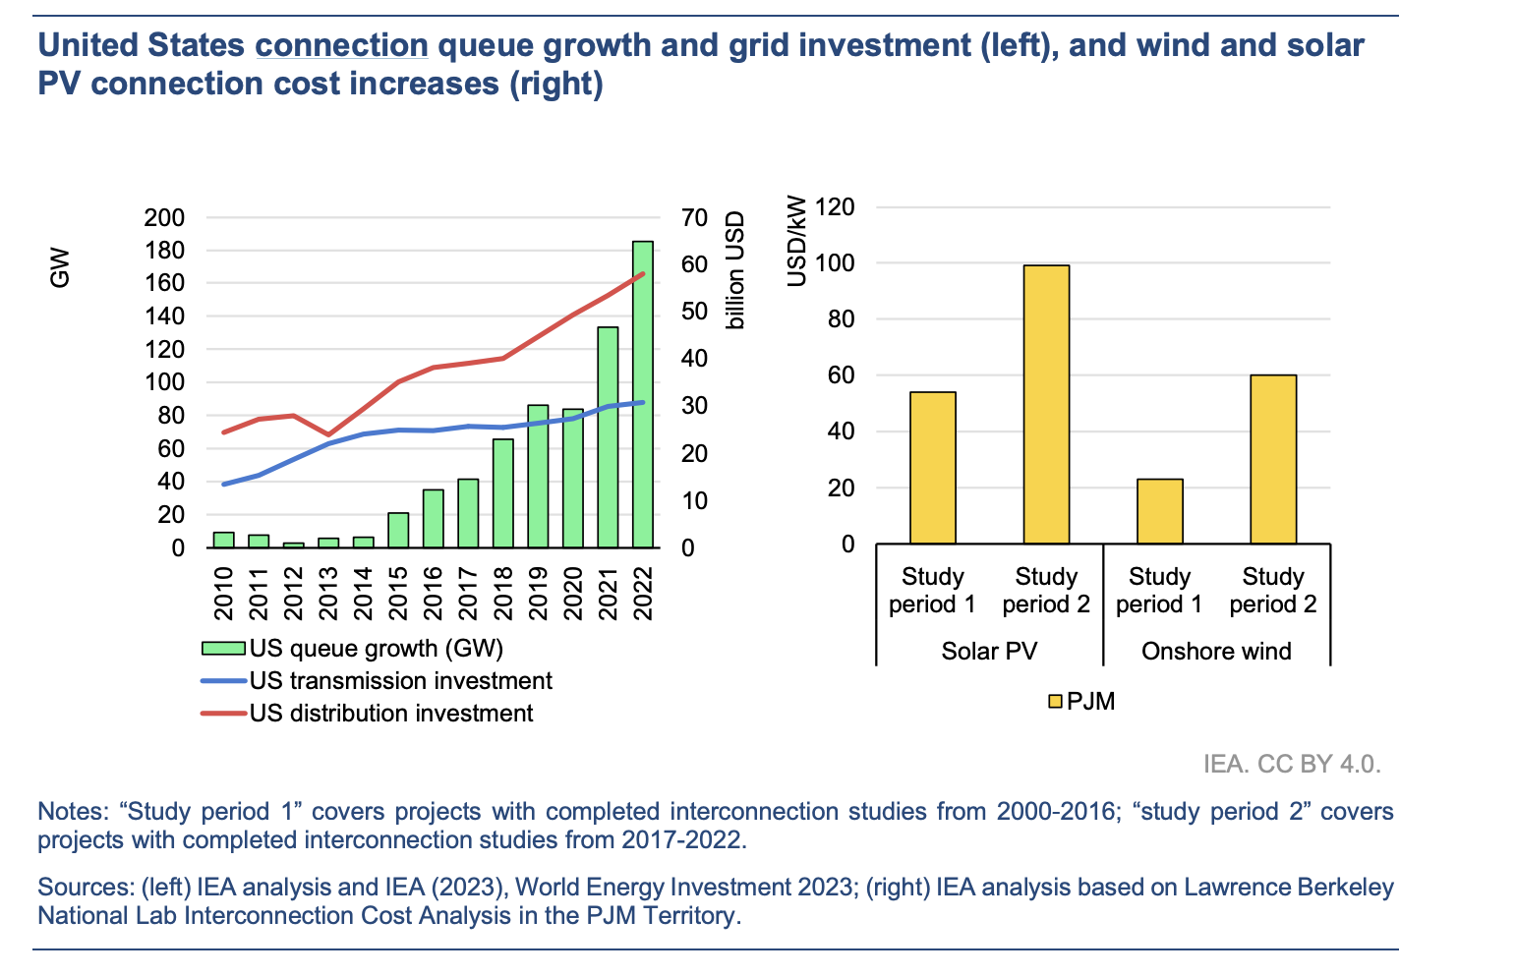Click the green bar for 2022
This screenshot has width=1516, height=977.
coord(643,393)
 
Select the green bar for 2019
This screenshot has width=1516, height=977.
coord(538,476)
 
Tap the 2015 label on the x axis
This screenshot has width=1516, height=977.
coord(398,594)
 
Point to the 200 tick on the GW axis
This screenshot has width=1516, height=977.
coord(164,218)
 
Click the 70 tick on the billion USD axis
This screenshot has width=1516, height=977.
coord(694,218)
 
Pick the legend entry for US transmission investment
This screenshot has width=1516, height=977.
coord(400,681)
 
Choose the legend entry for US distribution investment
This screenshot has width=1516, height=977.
coord(391,714)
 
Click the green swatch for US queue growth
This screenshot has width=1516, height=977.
coord(222,649)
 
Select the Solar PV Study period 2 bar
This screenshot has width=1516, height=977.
coord(1046,404)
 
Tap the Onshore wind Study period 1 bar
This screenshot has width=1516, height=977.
coord(1160,511)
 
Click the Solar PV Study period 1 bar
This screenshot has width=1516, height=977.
coord(932,468)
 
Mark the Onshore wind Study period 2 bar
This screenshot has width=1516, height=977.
coord(1273,459)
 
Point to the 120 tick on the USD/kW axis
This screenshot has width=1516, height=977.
coord(835,207)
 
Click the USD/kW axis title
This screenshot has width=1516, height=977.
coord(797,242)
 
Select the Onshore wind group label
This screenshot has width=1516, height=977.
coord(1216,651)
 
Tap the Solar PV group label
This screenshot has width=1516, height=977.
coord(989,651)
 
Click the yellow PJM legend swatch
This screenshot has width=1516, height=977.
coord(1055,702)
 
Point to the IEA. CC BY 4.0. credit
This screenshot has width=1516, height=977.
coord(1292,764)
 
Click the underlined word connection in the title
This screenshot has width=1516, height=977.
coord(341,45)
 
